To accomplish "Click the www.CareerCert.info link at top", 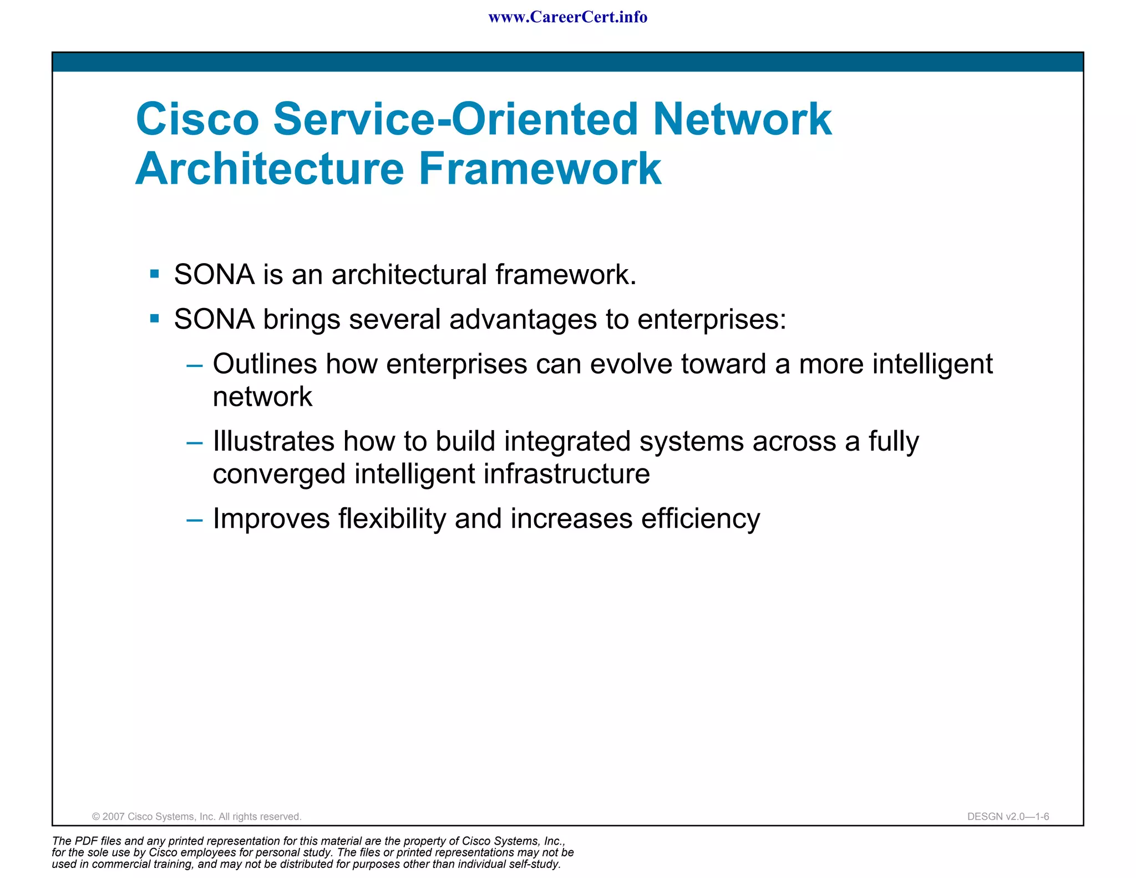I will [567, 17].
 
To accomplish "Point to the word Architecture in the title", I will [270, 169].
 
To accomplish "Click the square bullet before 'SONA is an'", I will [155, 274].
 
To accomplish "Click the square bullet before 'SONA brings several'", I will [155, 319].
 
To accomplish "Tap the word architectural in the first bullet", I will [409, 274].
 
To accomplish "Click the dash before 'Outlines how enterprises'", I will [195, 366].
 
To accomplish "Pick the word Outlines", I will [265, 364].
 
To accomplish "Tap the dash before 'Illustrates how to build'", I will [195, 443].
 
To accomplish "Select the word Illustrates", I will [273, 441].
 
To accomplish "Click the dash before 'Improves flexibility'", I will [195, 521].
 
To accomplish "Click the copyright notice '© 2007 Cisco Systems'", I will [196, 816].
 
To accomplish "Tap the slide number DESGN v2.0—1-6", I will [1008, 816].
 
